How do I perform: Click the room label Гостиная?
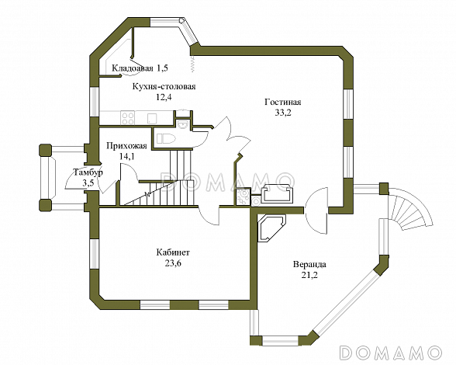(282, 103)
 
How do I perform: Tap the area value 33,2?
(283, 113)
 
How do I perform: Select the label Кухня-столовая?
(164, 86)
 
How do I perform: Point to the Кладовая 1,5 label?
(140, 68)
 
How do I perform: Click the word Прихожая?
(126, 146)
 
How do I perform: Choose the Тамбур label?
(88, 172)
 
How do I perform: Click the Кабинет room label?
(173, 252)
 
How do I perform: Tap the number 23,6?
(174, 263)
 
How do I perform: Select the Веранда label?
(309, 265)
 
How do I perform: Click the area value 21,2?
(309, 275)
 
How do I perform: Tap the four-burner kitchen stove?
(128, 118)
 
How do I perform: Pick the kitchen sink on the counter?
(152, 119)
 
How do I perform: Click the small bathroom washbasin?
(183, 123)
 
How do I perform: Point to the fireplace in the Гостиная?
(277, 193)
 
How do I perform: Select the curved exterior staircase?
(410, 208)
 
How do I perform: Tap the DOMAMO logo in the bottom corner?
(390, 353)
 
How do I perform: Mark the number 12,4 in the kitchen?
(164, 97)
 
